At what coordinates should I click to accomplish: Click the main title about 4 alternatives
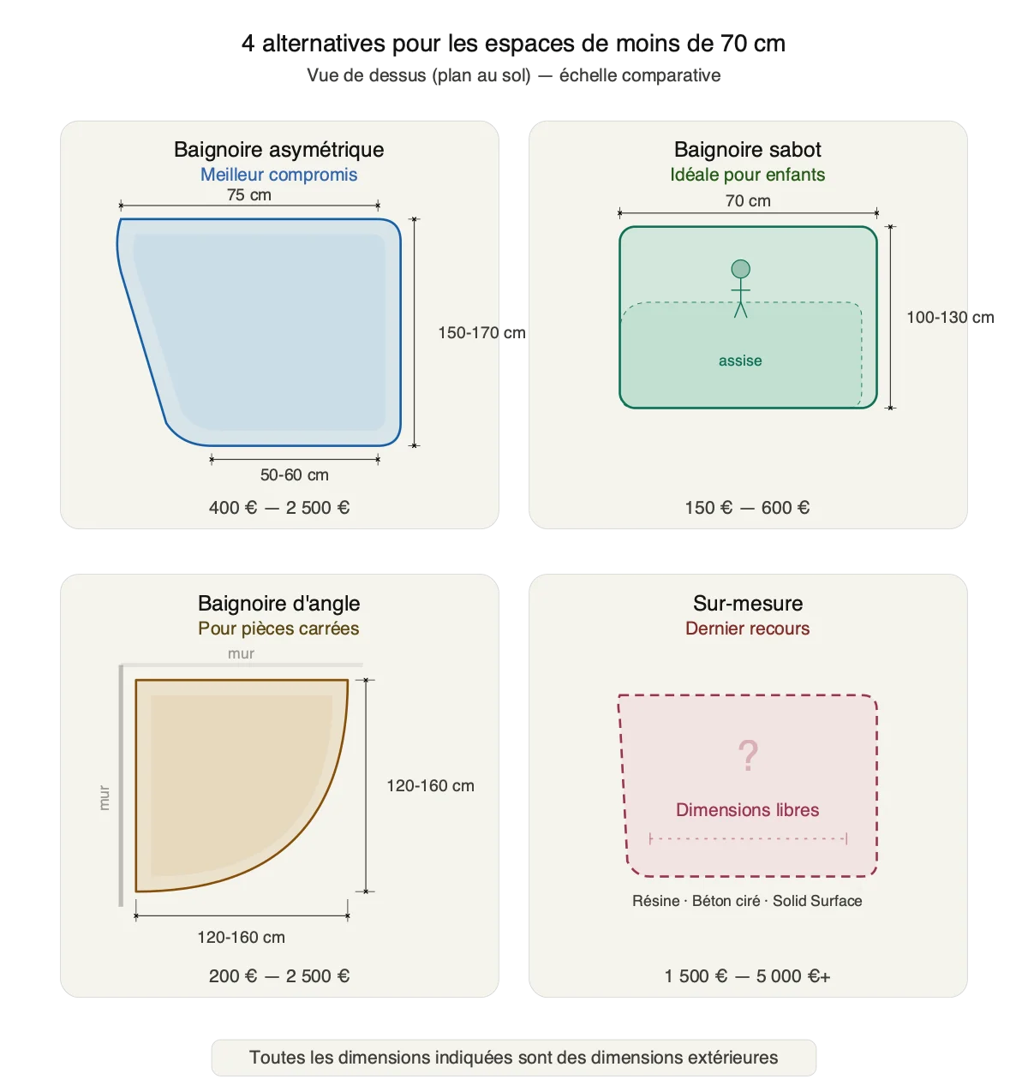pos(513,44)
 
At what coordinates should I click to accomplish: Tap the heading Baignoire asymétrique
pos(278,149)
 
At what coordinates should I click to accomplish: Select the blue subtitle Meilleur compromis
pos(278,174)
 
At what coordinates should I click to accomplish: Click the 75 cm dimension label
pos(249,194)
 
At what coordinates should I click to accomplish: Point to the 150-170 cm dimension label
pos(481,332)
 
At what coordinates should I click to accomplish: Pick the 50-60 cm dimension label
pos(294,474)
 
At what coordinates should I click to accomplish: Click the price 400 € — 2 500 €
pos(279,507)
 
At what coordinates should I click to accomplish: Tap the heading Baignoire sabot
pos(748,149)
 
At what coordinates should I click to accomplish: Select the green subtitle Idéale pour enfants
pos(748,174)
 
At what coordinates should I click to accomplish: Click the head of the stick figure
pos(740,269)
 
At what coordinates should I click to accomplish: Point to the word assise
pos(740,361)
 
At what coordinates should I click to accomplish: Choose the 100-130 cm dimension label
pos(950,317)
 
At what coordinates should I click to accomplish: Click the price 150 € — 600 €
pos(747,507)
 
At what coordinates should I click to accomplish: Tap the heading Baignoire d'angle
pos(278,603)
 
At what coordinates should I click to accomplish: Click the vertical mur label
pos(104,797)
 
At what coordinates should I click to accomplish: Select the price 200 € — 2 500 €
pos(279,975)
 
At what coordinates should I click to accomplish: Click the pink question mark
pos(748,755)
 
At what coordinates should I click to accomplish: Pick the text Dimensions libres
pos(747,809)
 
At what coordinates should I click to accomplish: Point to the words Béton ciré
pos(726,900)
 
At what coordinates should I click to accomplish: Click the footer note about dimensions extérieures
pos(513,1057)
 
